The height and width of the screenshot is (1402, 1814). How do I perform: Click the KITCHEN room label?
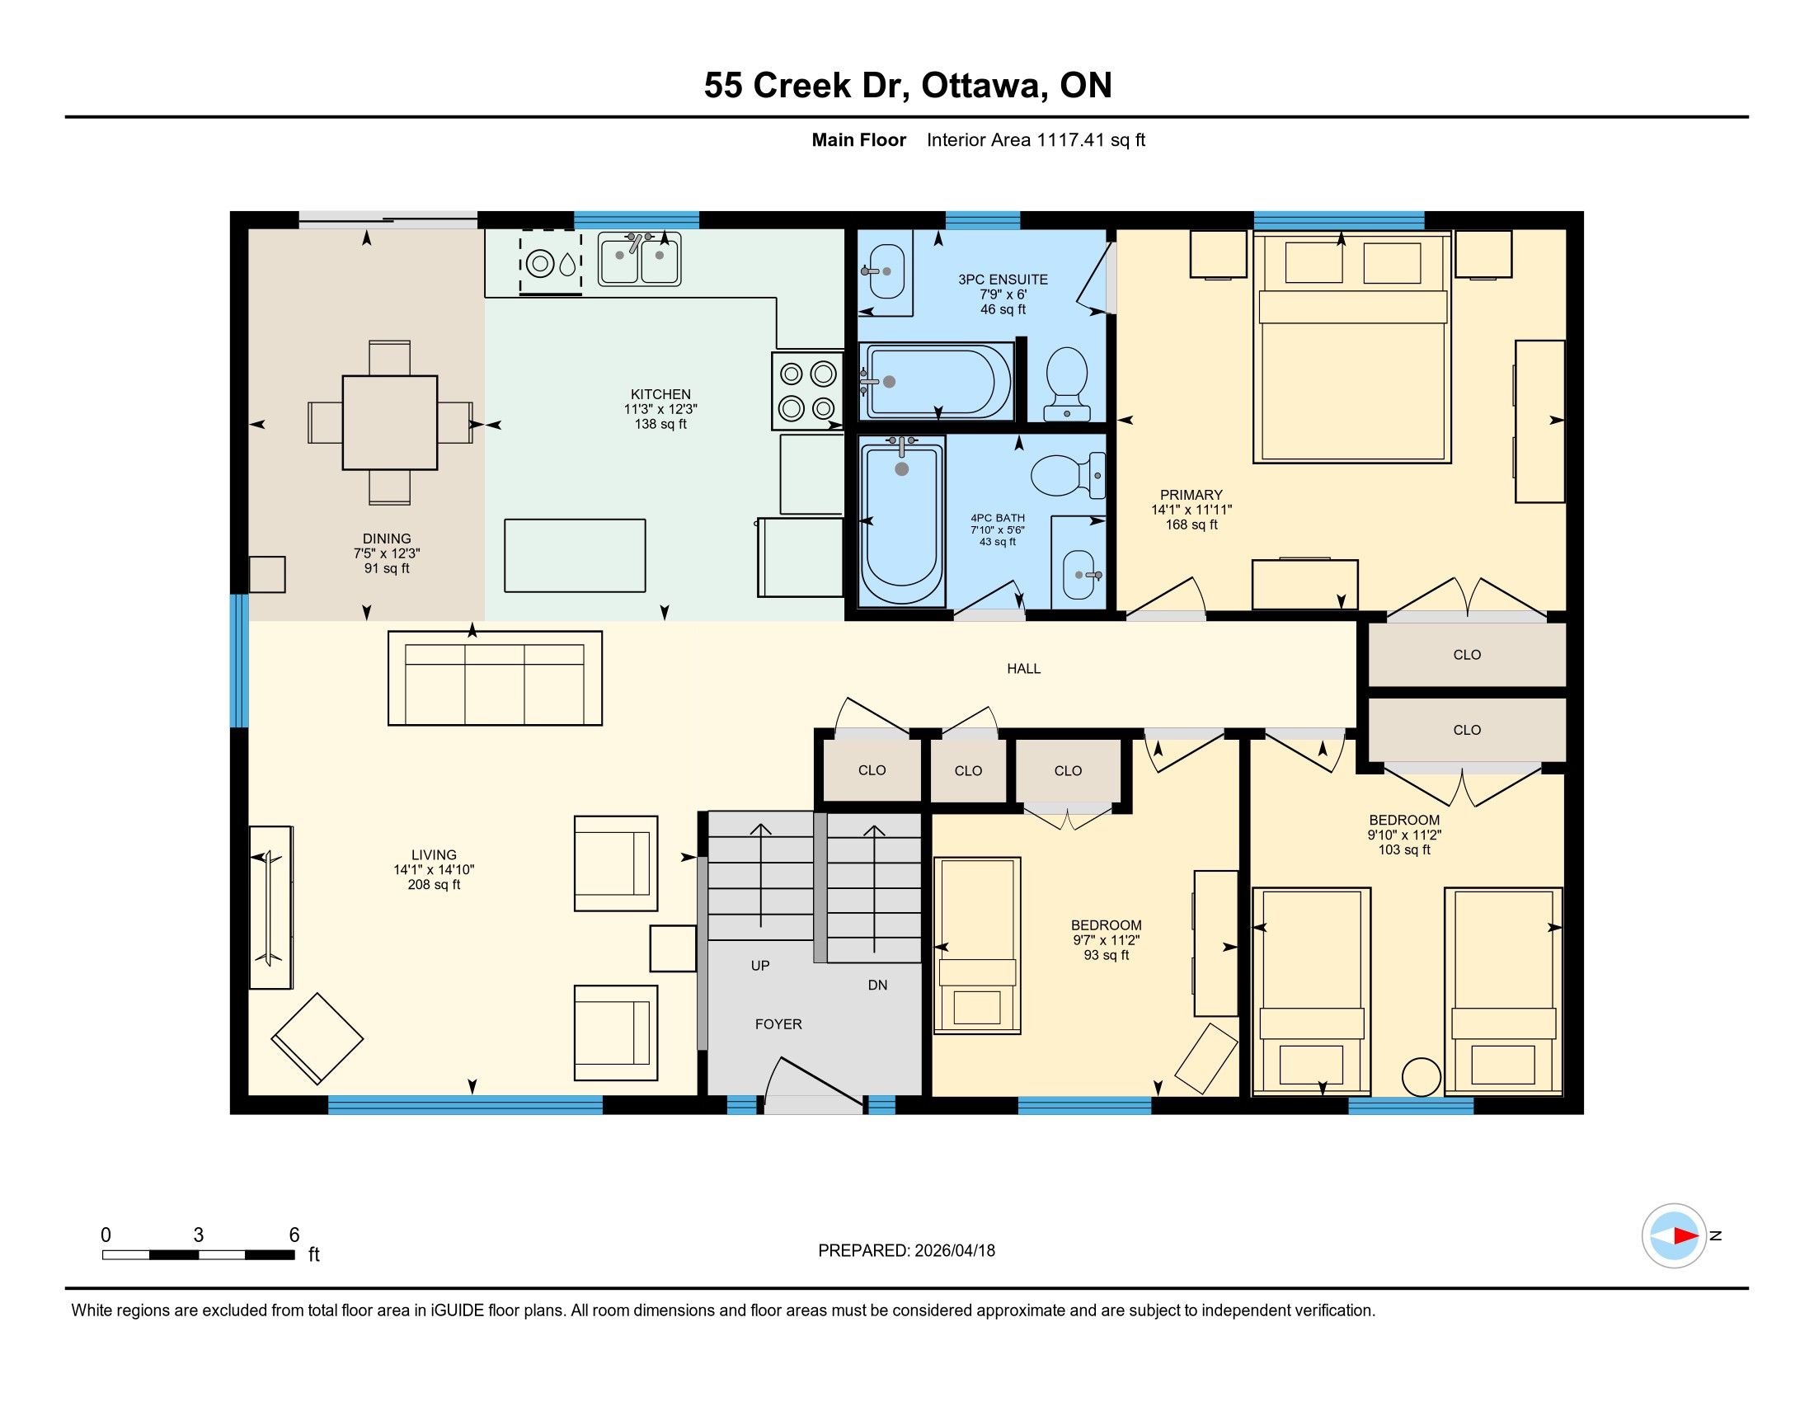pyautogui.click(x=660, y=394)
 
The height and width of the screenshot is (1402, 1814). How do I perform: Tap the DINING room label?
pyautogui.click(x=387, y=539)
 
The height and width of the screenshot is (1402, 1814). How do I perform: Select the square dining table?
pyautogui.click(x=389, y=423)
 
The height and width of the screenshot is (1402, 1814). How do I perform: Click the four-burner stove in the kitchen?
pyautogui.click(x=807, y=390)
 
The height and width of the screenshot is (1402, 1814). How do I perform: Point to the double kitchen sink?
pyautogui.click(x=640, y=258)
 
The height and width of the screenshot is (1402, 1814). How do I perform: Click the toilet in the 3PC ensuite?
pyautogui.click(x=1066, y=383)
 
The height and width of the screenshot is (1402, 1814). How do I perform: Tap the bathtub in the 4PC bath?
pyautogui.click(x=902, y=522)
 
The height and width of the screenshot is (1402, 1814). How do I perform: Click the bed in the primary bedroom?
pyautogui.click(x=1352, y=347)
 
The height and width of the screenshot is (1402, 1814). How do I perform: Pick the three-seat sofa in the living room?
pyautogui.click(x=495, y=678)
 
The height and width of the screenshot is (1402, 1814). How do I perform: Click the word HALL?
pyautogui.click(x=1023, y=669)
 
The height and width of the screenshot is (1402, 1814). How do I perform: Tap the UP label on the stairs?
pyautogui.click(x=760, y=966)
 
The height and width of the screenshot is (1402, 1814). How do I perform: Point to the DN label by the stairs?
pyautogui.click(x=878, y=985)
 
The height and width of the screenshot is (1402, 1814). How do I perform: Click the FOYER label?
pyautogui.click(x=778, y=1025)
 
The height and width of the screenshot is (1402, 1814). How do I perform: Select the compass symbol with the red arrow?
pyautogui.click(x=1674, y=1236)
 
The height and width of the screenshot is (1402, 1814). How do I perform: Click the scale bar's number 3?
pyautogui.click(x=199, y=1235)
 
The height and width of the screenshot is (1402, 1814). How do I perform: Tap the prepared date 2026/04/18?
pyautogui.click(x=954, y=1251)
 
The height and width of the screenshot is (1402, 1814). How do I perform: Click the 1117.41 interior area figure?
pyautogui.click(x=1070, y=140)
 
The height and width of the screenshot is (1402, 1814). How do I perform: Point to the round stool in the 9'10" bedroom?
pyautogui.click(x=1422, y=1077)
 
